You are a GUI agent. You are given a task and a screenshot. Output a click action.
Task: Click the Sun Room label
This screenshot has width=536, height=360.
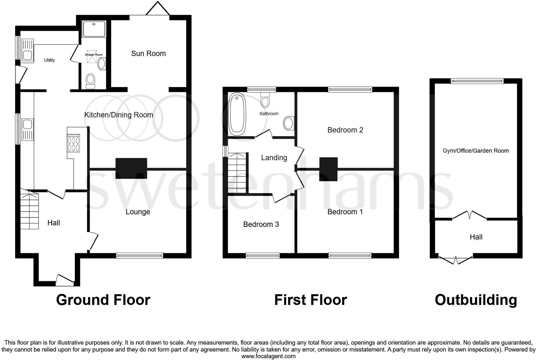pos(148,53)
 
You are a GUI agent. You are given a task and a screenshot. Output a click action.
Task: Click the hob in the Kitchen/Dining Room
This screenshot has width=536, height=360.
pos(73,143)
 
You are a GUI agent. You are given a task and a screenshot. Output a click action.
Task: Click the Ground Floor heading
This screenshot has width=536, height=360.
pos(103,300)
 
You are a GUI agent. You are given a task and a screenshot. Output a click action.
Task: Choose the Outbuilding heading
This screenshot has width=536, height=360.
pos(476,300)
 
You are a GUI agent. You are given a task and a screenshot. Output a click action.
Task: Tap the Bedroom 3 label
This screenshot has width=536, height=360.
pos(261,224)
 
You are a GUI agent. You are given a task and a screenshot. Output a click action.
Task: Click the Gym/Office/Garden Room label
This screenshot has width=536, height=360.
pos(476,151)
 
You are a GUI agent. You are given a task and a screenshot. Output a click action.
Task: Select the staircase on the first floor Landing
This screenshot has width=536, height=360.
pos(237,173)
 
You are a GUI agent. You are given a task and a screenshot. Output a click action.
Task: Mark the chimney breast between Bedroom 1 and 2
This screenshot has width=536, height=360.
pos(328,169)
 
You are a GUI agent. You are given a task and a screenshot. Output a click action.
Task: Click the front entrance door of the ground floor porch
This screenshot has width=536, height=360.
pos(65,280)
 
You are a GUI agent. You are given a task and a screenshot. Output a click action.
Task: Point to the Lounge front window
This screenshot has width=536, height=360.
pos(140,256)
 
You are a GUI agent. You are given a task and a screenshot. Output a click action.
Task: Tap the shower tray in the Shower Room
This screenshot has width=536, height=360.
pos(94,29)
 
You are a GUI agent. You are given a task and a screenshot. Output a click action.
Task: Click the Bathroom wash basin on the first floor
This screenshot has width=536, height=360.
pos(289,123)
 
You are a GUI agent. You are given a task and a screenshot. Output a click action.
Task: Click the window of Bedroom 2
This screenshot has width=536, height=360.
pos(350,90)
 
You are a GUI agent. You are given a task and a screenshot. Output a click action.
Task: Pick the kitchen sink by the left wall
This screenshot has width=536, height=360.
pos(27,130)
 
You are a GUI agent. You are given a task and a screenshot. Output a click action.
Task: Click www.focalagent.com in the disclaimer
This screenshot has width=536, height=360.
pos(268,356)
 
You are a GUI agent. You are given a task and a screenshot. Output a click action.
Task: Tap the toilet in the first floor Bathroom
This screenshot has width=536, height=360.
pos(265,100)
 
